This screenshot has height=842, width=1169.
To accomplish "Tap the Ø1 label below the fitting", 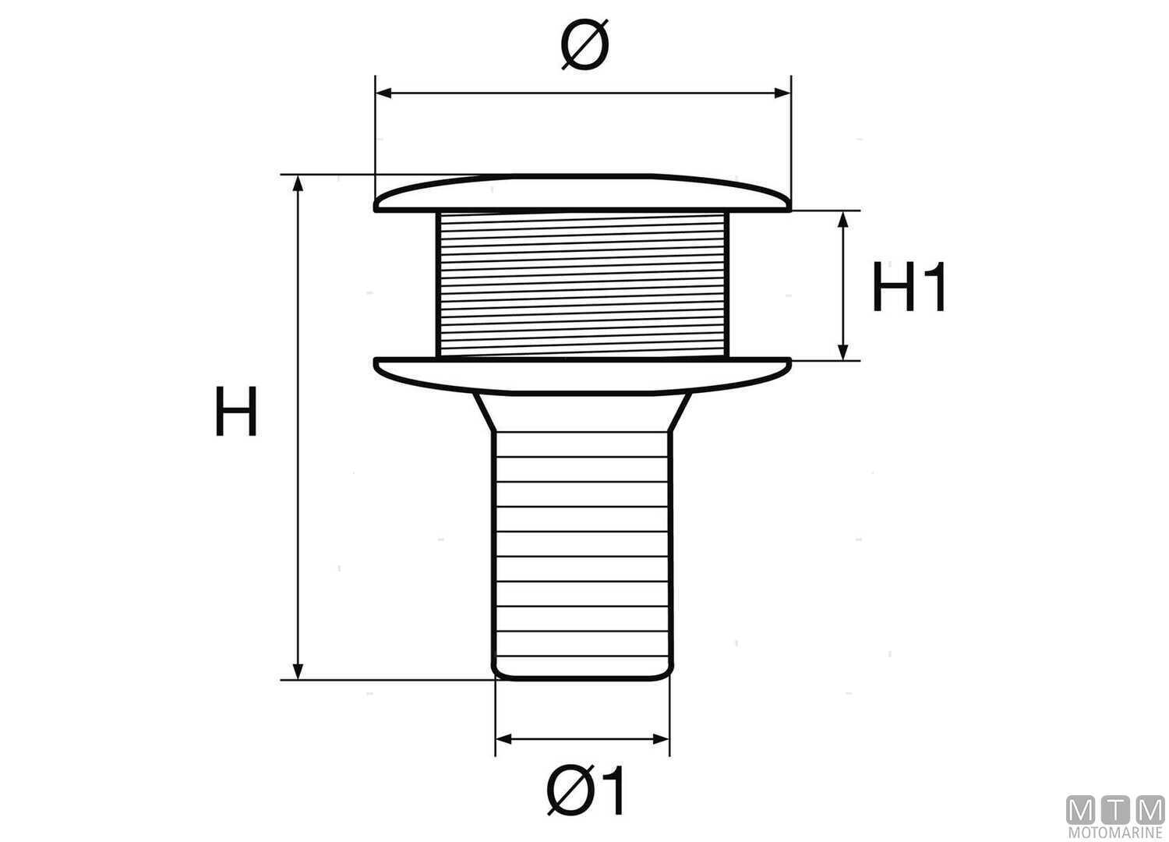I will coord(586,791).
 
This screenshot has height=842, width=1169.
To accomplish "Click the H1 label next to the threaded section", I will coord(909,288).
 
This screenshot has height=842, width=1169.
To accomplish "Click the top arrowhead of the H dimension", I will coord(297,184).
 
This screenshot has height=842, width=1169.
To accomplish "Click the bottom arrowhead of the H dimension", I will coord(297,671).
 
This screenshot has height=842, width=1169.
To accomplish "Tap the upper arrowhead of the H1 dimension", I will coord(842,219).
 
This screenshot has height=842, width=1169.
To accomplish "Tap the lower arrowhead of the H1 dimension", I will coord(842,352).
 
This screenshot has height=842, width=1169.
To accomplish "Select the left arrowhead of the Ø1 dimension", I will coord(503,738).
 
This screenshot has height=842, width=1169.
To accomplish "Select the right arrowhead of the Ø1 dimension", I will coord(662,738).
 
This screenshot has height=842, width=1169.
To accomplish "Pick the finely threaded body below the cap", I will coord(583,285).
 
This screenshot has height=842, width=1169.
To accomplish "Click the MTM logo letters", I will coord(1115,811).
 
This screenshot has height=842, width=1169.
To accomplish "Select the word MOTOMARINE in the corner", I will coord(1115,833).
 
